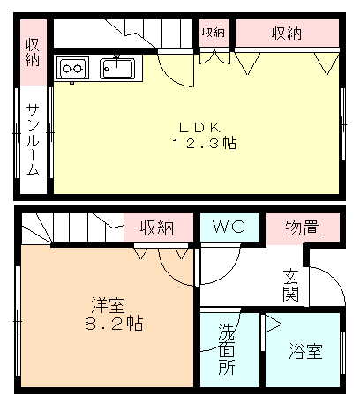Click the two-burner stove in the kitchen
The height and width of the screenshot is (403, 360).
(x=72, y=67)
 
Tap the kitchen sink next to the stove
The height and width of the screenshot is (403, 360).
(x=116, y=67)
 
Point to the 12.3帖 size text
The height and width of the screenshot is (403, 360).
(x=204, y=144)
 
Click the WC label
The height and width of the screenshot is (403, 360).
(x=230, y=228)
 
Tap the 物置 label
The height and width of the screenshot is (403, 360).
(x=302, y=228)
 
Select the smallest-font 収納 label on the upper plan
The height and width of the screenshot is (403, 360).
(x=214, y=34)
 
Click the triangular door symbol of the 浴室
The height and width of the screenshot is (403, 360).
(x=272, y=325)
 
